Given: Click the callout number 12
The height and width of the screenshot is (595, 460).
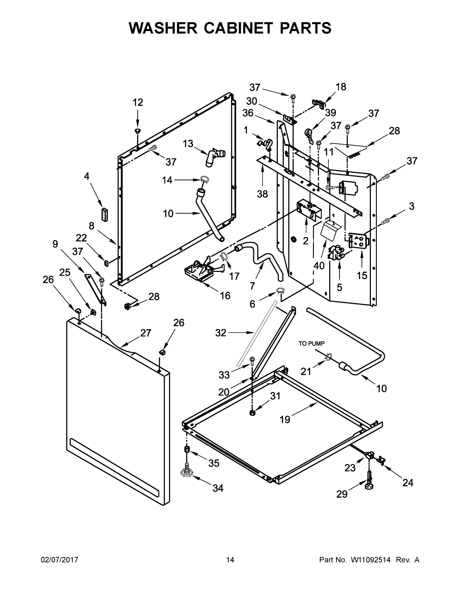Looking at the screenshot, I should pos(138,102).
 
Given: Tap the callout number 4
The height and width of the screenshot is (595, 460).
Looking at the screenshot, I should pos(86,176).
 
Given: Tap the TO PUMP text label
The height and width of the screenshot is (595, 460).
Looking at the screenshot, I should pos(311,344).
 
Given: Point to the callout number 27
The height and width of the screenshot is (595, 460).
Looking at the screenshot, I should pos(146,333).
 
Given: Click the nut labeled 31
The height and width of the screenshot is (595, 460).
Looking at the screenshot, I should pos(252,413).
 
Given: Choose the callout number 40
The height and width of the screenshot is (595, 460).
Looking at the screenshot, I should pos(319,265).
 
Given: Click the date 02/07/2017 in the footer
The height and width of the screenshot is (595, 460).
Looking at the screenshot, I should pos(60,560).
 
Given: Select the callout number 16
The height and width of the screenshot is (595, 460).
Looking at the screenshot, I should pos(225,295).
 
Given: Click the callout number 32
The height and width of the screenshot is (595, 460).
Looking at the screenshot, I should pos(220,333).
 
